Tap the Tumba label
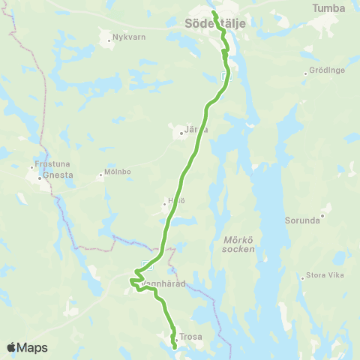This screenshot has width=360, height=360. pyautogui.click(x=329, y=8)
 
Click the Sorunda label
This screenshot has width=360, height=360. pyautogui.click(x=303, y=221)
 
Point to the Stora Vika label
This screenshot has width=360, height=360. pyautogui.click(x=325, y=276)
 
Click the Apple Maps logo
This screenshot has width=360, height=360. pyautogui.click(x=27, y=347)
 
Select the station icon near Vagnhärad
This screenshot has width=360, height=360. pyautogui.click(x=147, y=263)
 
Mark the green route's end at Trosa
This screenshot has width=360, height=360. pyautogui.click(x=175, y=347)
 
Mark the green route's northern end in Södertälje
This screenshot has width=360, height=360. pyautogui.click(x=214, y=13)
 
